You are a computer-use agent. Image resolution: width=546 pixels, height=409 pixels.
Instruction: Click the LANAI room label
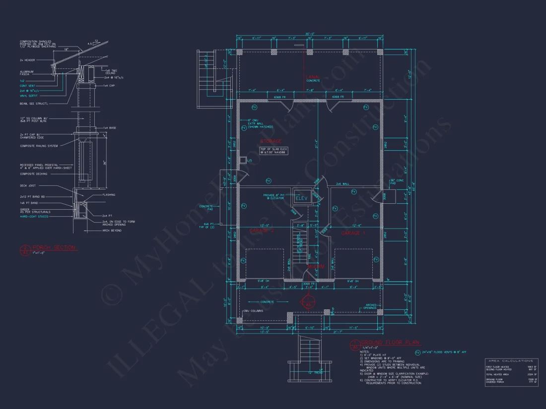pyautogui.click(x=313, y=78)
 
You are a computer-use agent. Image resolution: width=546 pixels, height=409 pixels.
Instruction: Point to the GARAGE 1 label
pyautogui.click(x=353, y=232)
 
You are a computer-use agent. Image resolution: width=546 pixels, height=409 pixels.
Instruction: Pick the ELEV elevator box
pyautogui.click(x=302, y=198)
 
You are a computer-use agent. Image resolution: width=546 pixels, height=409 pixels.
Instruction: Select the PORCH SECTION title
pyautogui.click(x=54, y=247)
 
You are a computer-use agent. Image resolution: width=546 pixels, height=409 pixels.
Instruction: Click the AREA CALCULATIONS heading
pyautogui.click(x=511, y=361)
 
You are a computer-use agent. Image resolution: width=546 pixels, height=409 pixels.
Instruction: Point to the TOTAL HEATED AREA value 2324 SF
pyautogui.click(x=532, y=374)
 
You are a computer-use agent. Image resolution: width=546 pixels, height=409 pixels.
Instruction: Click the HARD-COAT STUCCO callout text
pyautogui.click(x=35, y=217)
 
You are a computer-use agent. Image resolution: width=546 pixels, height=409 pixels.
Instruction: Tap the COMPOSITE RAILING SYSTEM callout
pyautogui.click(x=39, y=146)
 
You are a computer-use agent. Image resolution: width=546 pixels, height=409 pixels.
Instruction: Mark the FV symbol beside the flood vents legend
pyautogui.click(x=417, y=352)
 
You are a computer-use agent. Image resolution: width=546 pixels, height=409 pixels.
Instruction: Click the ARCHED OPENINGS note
pyautogui.click(x=371, y=306)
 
